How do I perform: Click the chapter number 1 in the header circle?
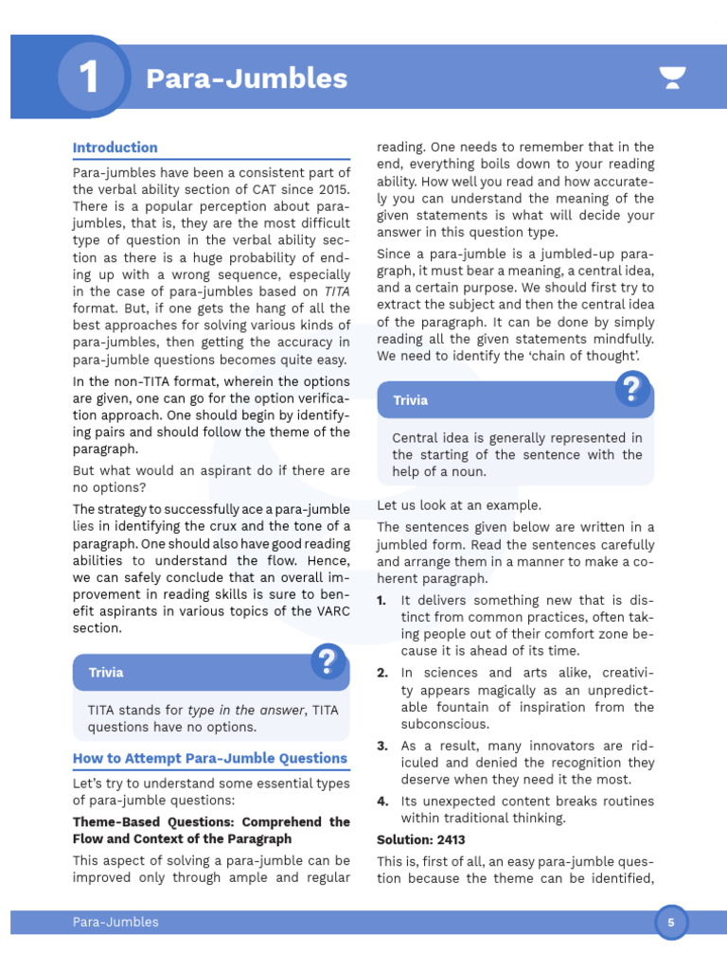(89, 78)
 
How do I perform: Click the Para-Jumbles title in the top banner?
(246, 79)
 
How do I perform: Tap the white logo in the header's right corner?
(672, 79)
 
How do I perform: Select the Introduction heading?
(115, 148)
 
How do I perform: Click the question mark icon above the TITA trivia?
(328, 661)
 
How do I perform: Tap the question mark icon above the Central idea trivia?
(632, 389)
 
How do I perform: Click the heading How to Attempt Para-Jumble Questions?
(210, 758)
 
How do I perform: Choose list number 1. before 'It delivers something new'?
(381, 601)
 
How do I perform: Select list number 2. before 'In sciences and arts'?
(382, 673)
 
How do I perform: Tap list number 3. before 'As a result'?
(382, 746)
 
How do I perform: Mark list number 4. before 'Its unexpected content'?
(382, 802)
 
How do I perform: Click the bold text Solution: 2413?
(421, 840)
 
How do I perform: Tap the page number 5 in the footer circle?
(671, 922)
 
